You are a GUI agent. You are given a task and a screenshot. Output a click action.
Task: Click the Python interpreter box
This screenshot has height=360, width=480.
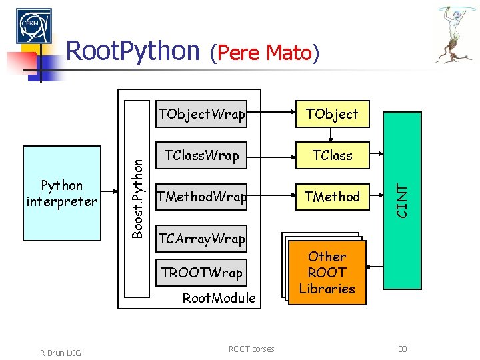pos(62,193)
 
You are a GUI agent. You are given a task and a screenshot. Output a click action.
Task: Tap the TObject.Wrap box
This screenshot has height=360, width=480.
pos(201,114)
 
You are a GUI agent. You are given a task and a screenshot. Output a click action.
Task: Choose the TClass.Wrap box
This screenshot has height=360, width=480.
pos(201,155)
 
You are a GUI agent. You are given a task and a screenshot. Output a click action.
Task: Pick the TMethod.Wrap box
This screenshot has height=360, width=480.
pos(201,197)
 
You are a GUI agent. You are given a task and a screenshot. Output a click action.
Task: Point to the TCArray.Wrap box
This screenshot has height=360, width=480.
pos(201,238)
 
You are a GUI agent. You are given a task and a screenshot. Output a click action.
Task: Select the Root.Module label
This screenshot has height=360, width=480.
pos(219,298)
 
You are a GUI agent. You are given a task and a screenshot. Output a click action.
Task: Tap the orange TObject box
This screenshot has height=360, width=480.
pos(331,114)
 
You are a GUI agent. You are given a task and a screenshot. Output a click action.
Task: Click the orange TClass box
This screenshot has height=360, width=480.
pos(331,155)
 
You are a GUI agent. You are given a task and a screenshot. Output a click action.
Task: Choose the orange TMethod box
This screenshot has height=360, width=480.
pos(331,197)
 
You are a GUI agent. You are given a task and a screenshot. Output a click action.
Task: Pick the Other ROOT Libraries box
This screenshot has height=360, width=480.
pos(327,273)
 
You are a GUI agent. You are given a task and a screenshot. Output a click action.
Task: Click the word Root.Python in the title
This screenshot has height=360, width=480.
pos(133,51)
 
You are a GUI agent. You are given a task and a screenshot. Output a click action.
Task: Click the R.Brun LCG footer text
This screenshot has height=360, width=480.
pos(59,352)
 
